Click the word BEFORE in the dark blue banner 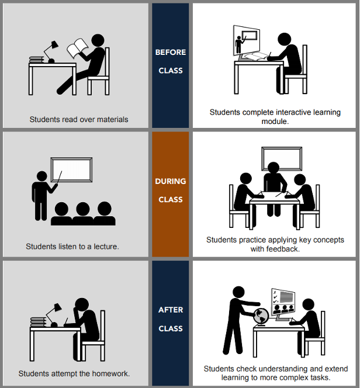tap(171, 52)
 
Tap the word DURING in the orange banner tap(171, 181)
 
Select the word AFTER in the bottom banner tap(171, 310)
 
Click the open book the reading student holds tap(78, 48)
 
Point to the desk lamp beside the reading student tap(51, 52)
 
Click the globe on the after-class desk tap(261, 317)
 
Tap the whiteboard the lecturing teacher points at tap(71, 169)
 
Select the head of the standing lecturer tap(42, 176)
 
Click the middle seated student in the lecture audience tap(83, 213)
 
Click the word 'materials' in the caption tap(113, 119)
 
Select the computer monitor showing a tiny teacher tap(247, 40)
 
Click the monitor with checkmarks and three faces tap(283, 302)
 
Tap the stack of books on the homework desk tap(38, 322)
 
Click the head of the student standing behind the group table tap(274, 168)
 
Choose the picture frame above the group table tap(282, 158)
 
